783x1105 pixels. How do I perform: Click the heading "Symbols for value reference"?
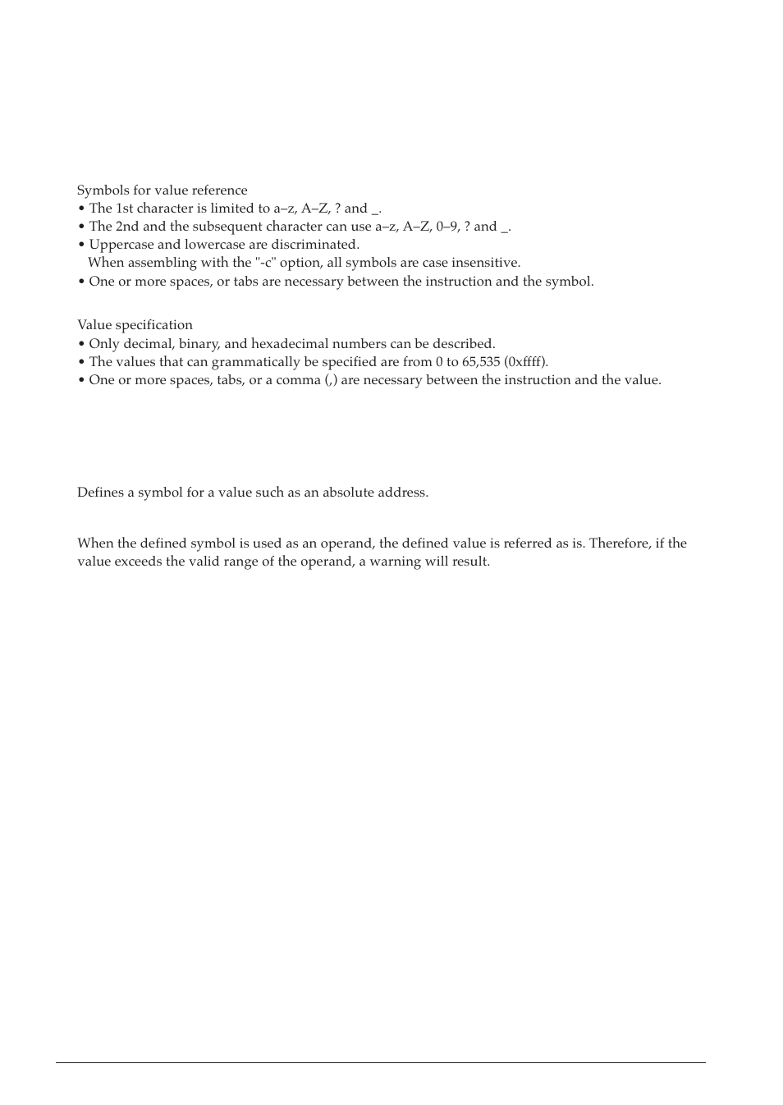click(162, 190)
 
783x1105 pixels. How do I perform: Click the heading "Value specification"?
click(135, 325)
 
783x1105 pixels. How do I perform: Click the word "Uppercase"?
click(121, 245)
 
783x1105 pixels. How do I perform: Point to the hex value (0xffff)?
click(525, 362)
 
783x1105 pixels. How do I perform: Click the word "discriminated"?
click(318, 245)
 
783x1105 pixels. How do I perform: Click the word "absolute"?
click(347, 493)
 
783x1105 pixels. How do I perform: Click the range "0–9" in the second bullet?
click(447, 227)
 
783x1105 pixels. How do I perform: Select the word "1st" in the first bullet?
click(124, 209)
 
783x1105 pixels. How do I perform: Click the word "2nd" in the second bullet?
click(126, 227)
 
